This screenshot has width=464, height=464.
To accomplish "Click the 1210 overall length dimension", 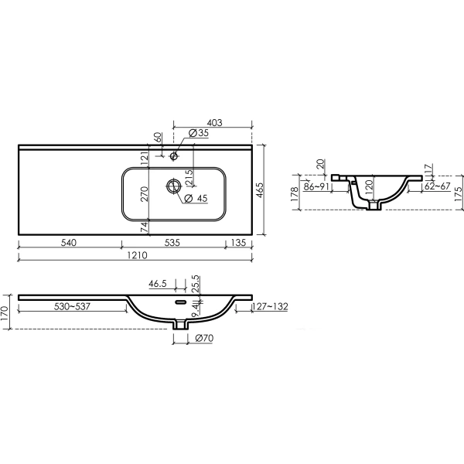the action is pos(137,255).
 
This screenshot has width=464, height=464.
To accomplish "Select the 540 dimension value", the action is pos(69,243).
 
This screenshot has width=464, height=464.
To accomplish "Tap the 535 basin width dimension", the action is pos(172,243).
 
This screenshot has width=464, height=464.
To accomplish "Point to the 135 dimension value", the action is pos(238,243).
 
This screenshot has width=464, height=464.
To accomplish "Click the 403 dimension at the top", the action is pos(214,122).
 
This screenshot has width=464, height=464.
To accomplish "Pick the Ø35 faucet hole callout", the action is pos(198,133).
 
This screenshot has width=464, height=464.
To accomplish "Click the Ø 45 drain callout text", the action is pos(196,198).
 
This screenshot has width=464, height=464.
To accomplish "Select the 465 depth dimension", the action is pos(259,190).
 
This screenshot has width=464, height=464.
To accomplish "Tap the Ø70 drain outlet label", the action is pos(204,338).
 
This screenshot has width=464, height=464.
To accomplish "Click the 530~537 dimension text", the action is pos(72,306).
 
